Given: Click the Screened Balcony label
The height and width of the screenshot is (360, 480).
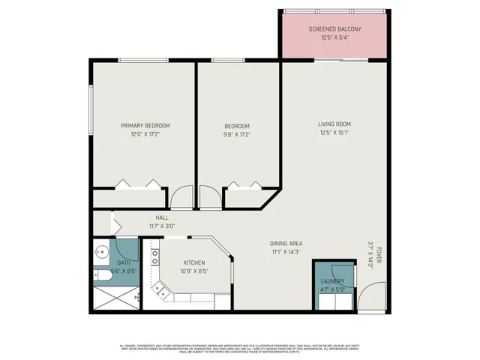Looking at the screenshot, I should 334,29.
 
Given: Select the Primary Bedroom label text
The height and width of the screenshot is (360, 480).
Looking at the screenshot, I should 145,125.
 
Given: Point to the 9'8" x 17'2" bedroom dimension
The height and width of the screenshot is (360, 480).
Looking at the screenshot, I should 237,135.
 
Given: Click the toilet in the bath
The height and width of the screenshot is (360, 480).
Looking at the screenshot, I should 103,276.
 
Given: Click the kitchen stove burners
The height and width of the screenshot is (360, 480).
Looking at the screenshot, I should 155,259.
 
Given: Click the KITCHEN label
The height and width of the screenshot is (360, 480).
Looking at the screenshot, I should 194,262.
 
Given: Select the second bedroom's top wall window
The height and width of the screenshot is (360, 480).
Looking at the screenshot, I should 224,61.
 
